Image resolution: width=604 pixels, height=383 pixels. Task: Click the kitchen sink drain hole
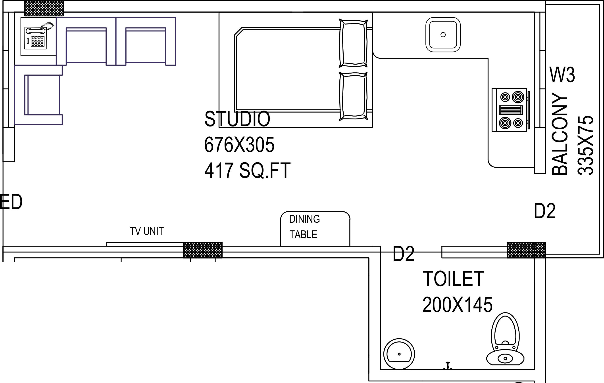pyautogui.click(x=443, y=34)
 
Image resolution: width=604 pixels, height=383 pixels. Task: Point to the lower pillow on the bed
pyautogui.click(x=353, y=96)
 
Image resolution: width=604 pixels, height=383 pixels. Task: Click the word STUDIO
pyautogui.click(x=237, y=119)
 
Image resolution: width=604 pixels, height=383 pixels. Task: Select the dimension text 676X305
pyautogui.click(x=239, y=145)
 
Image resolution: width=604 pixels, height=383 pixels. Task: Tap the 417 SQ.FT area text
pyautogui.click(x=247, y=170)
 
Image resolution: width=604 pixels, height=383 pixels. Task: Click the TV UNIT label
pyautogui.click(x=147, y=231)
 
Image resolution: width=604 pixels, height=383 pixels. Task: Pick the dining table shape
pyautogui.click(x=315, y=229)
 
